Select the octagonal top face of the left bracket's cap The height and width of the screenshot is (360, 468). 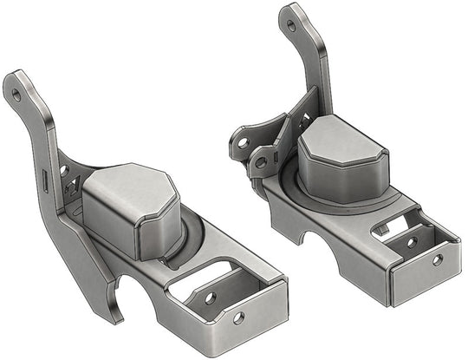click(129, 185)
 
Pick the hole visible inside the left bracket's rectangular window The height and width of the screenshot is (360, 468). click(209, 298)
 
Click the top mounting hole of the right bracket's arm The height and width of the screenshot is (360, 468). click(290, 25)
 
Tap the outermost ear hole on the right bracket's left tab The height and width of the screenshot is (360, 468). click(243, 141)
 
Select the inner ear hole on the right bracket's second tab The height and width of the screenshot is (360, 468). click(260, 160)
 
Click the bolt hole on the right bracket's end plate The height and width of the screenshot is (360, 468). click(437, 259)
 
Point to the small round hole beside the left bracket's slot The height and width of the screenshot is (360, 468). click(63, 170)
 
